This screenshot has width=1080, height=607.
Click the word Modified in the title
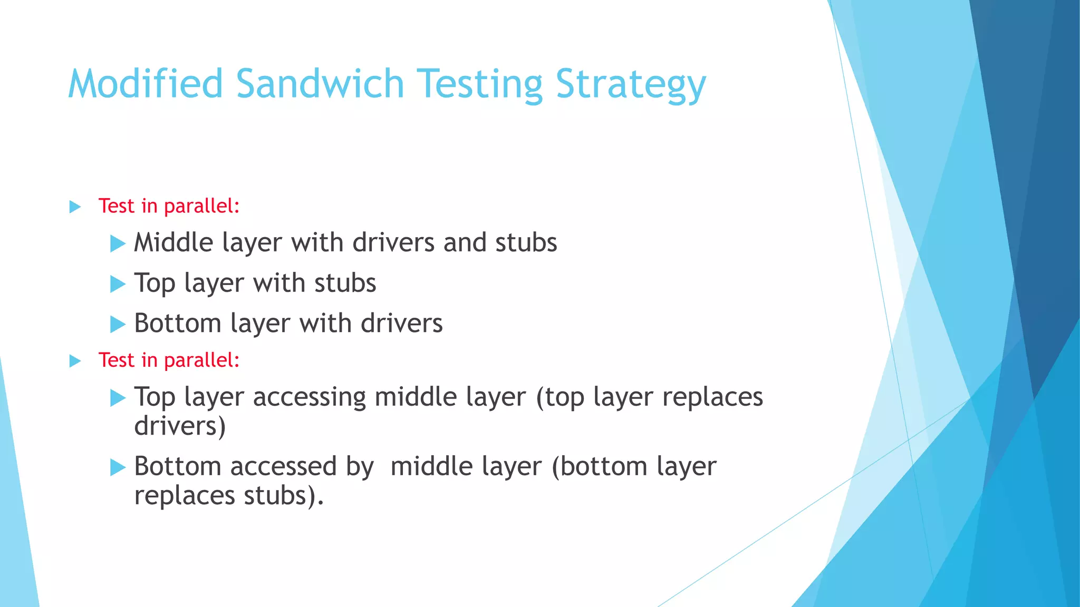tap(146, 84)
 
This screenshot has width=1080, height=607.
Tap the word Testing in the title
tap(480, 84)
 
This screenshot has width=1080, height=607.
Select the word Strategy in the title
tap(631, 84)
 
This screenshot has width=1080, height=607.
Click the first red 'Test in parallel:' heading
tap(169, 206)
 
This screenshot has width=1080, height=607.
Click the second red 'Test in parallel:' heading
tap(169, 360)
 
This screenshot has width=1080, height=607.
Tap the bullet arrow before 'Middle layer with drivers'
tap(118, 244)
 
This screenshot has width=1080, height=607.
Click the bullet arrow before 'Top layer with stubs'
tap(118, 284)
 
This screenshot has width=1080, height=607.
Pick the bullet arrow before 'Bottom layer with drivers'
tap(118, 324)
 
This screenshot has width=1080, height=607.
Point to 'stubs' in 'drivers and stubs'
tap(526, 243)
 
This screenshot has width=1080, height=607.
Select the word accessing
tap(309, 397)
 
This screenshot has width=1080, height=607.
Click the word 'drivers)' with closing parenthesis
tap(180, 426)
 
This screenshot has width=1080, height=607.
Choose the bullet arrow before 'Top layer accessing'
tap(118, 398)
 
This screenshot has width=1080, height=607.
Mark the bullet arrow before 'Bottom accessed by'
tap(118, 467)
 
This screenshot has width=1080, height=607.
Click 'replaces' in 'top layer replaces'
tap(712, 397)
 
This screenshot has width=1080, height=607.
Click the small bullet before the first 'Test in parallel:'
tap(75, 207)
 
